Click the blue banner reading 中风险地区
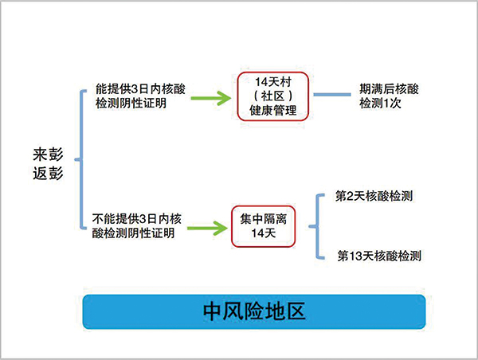(x=254, y=311)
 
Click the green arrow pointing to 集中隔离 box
(x=207, y=228)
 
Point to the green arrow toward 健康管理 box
(x=211, y=98)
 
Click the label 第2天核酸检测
(x=374, y=196)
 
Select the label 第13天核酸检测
(x=379, y=256)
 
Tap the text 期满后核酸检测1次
(x=389, y=96)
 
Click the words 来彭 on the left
(x=48, y=155)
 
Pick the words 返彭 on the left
(x=48, y=174)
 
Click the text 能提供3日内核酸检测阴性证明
(x=140, y=96)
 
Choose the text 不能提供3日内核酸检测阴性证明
(x=136, y=226)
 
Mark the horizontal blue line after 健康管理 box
(x=332, y=95)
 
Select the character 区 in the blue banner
(x=296, y=311)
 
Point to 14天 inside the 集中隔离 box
(x=264, y=233)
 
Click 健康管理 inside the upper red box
(x=273, y=111)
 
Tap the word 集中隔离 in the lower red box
(x=264, y=219)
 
